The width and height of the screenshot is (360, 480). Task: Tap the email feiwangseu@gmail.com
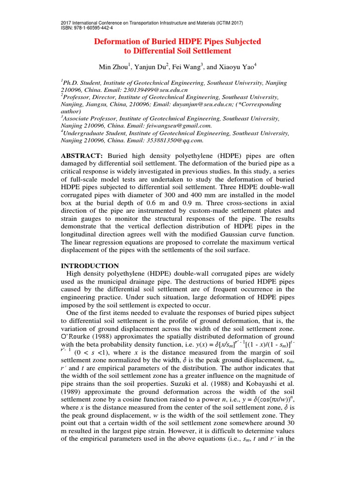181,126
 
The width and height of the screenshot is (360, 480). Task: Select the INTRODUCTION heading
90,266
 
